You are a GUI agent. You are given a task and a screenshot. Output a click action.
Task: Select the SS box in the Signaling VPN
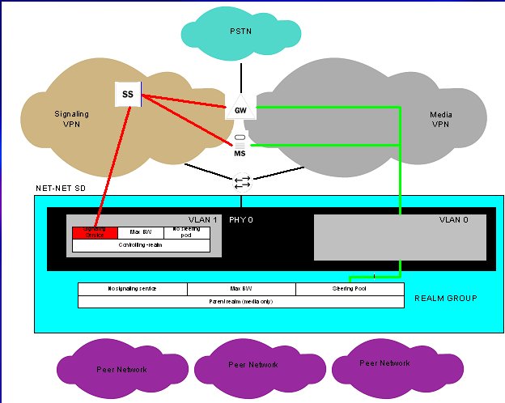point(128,95)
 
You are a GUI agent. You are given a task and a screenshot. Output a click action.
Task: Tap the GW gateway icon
point(240,109)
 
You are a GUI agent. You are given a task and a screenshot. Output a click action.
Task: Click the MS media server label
point(240,153)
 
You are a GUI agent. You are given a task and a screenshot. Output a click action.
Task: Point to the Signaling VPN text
point(70,120)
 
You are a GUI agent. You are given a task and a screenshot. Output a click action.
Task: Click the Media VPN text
point(439,120)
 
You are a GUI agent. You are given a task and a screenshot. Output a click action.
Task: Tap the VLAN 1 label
point(202,219)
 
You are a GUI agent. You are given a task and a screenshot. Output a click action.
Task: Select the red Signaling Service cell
point(95,233)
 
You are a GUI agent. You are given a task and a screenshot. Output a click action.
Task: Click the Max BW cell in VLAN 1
point(141,233)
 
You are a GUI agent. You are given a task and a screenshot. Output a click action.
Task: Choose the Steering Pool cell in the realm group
point(350,289)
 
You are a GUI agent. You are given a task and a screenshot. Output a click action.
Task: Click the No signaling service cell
point(132,289)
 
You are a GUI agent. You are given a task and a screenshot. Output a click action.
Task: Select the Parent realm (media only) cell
point(240,301)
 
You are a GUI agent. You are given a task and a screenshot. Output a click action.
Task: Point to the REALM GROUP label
point(445,299)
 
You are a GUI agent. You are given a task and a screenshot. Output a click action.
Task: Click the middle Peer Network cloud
point(252,365)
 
